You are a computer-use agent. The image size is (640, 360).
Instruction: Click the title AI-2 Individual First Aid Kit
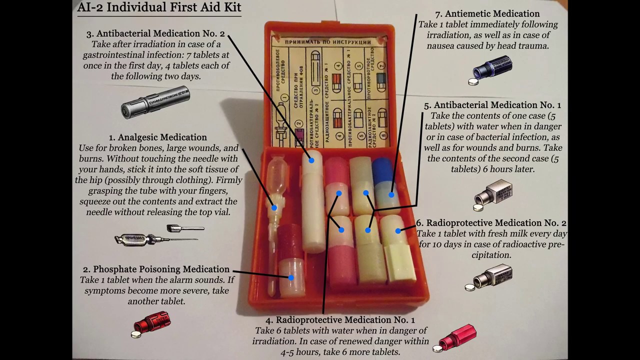(159, 7)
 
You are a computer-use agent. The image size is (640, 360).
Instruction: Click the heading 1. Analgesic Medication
(158, 137)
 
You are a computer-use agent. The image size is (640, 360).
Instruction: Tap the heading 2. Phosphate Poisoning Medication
(156, 269)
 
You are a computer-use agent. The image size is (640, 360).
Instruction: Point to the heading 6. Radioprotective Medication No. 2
(491, 223)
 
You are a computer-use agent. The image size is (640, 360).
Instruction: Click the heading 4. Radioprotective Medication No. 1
(340, 320)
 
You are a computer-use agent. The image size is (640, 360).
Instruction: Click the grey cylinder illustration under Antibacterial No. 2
(155, 102)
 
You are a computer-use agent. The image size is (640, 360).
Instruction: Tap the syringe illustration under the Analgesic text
(159, 236)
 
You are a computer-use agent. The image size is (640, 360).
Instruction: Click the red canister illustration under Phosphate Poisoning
(152, 323)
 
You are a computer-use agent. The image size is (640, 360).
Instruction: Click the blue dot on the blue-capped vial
(391, 195)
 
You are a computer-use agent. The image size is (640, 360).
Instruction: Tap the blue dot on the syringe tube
(274, 207)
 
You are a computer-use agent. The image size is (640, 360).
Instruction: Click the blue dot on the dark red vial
(291, 277)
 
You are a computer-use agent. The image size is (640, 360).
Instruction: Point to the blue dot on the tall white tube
(311, 160)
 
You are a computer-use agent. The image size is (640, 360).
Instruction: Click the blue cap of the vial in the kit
(384, 170)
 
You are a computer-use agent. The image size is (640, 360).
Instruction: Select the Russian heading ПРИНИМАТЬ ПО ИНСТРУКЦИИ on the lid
(328, 42)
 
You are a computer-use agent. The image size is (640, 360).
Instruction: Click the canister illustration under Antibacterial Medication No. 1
(493, 195)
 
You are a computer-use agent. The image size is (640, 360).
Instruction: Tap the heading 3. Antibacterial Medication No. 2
(155, 33)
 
